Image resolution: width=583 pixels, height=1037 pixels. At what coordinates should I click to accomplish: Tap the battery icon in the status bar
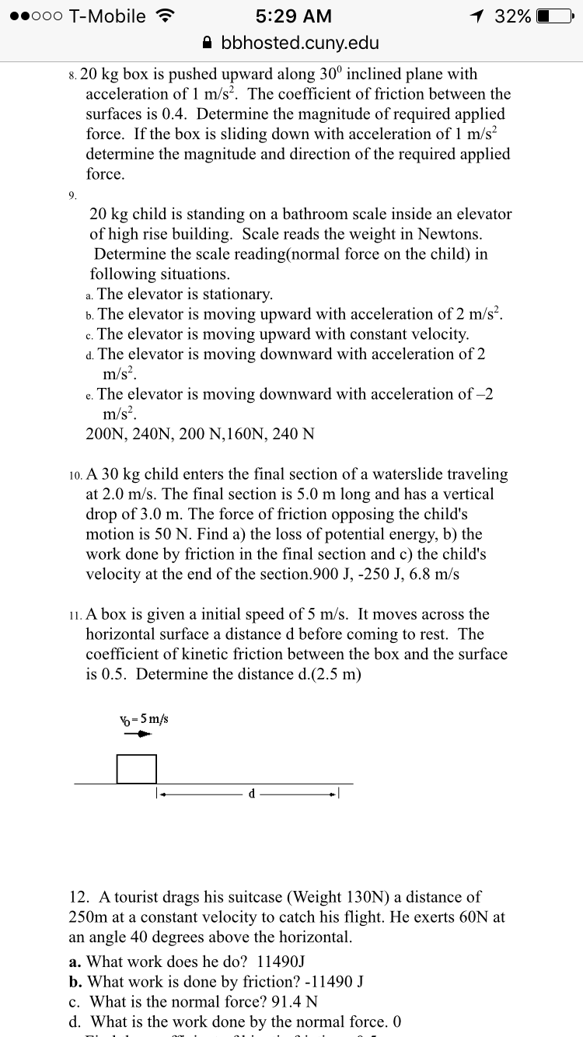pos(554,16)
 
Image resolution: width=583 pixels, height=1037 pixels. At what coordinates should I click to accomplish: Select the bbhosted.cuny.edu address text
pos(300,43)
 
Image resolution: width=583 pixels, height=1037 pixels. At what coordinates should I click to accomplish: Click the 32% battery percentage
pos(512,16)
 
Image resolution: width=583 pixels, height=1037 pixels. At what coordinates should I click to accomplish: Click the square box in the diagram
pos(137,769)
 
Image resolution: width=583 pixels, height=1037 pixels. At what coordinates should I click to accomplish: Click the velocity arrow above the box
pos(138,734)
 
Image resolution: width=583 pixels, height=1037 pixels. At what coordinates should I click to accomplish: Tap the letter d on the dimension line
pos(251,794)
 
